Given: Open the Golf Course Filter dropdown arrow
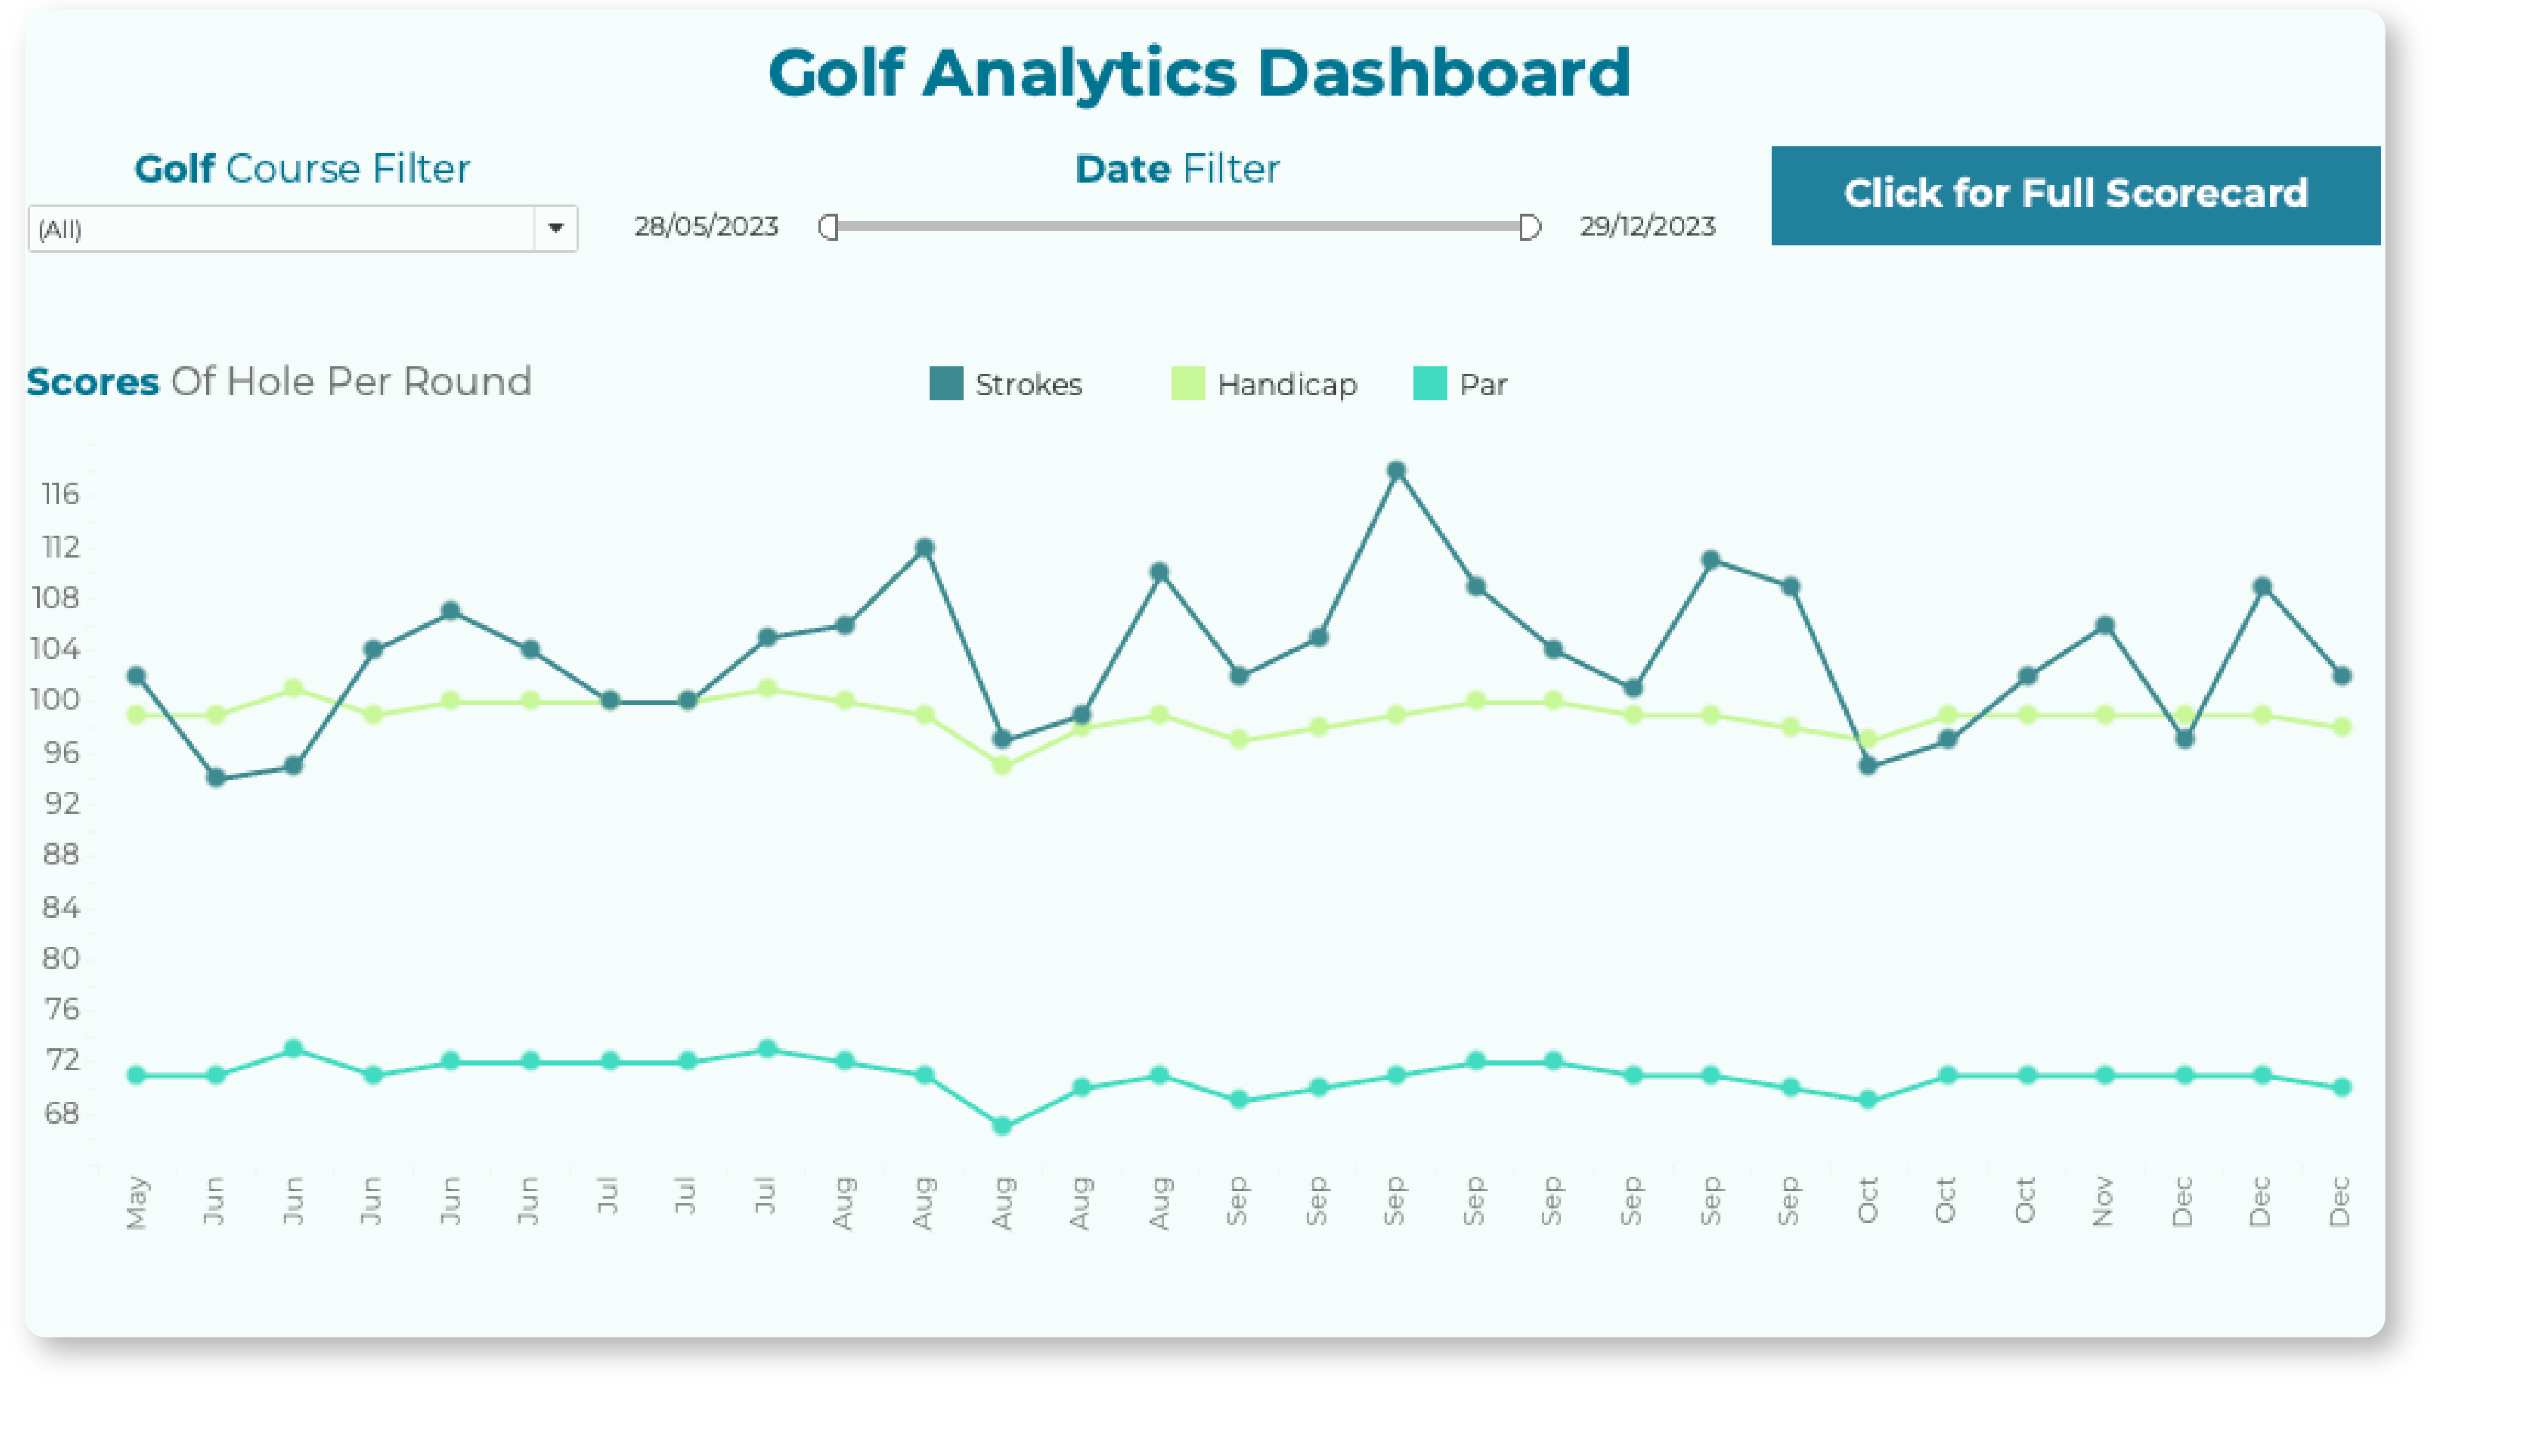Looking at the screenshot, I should (x=555, y=229).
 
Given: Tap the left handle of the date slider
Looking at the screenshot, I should (x=828, y=228).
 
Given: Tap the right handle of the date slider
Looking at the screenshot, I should (x=1529, y=228).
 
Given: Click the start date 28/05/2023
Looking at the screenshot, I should (x=706, y=227).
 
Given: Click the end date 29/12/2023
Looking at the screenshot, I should (x=1647, y=227).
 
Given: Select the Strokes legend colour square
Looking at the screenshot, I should (x=946, y=384).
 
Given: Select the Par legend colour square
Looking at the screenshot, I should (x=1429, y=384).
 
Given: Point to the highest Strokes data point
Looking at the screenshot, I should (x=1396, y=471).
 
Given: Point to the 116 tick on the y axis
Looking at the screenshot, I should (x=60, y=494).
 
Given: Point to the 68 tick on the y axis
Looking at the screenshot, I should (x=60, y=1113).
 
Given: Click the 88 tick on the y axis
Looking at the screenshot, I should (x=60, y=854).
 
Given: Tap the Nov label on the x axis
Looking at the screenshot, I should (x=2103, y=1200).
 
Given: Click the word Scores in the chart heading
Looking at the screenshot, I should (x=92, y=382).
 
